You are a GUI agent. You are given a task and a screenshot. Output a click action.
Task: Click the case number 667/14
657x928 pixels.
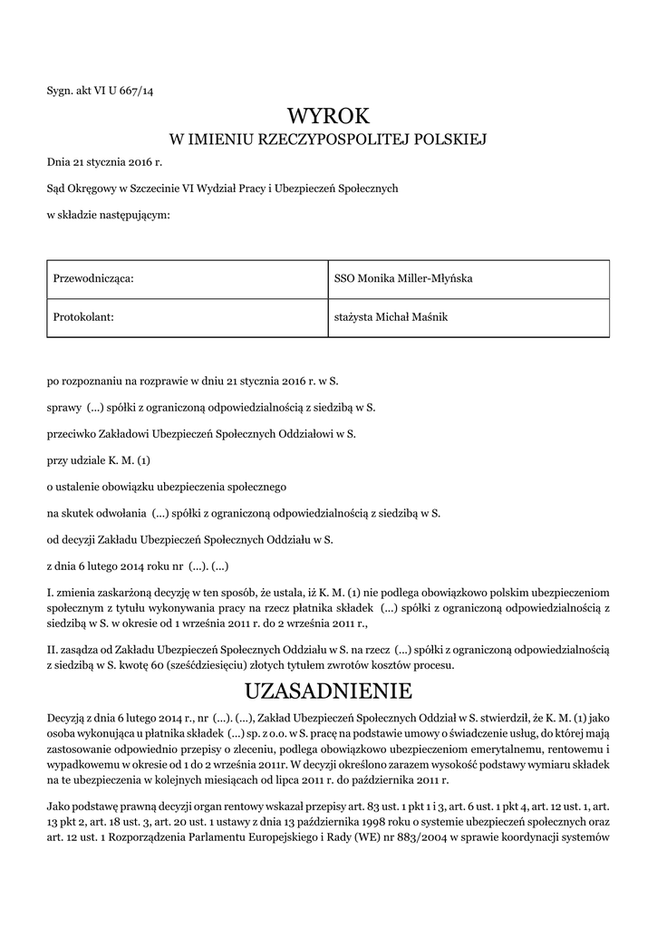[x=135, y=89]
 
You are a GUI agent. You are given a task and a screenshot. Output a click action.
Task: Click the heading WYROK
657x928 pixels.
[x=328, y=116]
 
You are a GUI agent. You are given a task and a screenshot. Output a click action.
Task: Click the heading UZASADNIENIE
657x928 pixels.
[x=328, y=692]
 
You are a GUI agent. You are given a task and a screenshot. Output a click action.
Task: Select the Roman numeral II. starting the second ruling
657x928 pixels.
[x=53, y=650]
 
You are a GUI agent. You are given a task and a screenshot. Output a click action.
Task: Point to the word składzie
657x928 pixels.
[x=79, y=215]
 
